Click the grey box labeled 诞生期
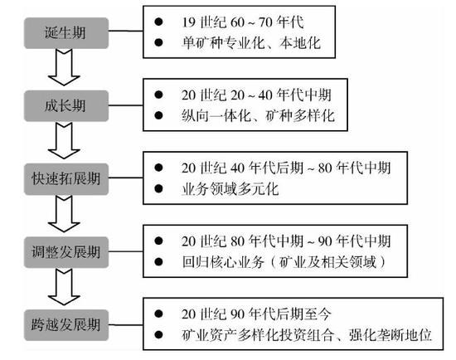66,33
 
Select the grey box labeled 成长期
66,105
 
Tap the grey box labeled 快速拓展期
66,179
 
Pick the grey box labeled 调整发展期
66,252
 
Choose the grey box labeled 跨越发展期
66,325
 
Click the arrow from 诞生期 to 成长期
64,67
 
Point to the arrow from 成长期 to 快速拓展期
64,140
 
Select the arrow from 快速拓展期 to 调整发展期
64,214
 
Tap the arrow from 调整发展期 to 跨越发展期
64,287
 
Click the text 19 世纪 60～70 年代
243,22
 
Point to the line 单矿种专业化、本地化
251,43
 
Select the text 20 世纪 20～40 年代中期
256,95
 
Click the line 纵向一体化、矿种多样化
258,116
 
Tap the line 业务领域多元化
230,189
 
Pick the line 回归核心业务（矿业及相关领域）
284,262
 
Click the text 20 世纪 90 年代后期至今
256,314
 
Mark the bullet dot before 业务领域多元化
158,189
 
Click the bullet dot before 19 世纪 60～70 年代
158,22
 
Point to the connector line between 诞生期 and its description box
126,31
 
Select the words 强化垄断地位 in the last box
390,335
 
